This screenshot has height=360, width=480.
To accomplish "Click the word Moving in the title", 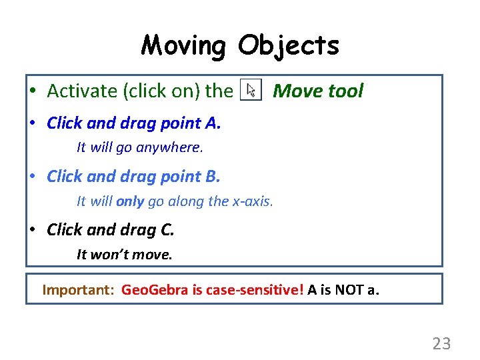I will tap(184, 46).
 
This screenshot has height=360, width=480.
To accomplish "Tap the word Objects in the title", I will tap(288, 46).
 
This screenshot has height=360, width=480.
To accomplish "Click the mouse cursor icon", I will tap(251, 91).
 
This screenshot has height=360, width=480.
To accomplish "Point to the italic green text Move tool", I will tap(318, 91).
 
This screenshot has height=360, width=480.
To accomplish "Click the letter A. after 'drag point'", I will tap(213, 123).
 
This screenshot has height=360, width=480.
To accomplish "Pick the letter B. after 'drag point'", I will tap(213, 177).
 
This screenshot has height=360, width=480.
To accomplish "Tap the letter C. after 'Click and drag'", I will tap(167, 230).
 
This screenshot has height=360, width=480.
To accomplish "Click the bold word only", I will tap(130, 201).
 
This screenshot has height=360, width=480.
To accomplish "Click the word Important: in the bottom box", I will tap(79, 290).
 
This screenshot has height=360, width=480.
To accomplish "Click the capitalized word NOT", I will tap(350, 290).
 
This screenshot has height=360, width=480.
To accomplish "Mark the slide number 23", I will tap(441, 344).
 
